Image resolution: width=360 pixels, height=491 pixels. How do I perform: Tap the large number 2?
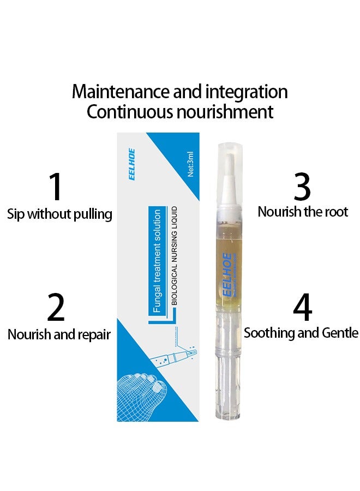[56, 308]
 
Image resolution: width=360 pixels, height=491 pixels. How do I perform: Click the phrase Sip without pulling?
[59, 214]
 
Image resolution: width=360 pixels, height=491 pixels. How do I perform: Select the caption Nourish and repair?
[59, 334]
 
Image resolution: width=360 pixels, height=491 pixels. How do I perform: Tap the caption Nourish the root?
[303, 212]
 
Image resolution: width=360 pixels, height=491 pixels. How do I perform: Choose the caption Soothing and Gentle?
[301, 332]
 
